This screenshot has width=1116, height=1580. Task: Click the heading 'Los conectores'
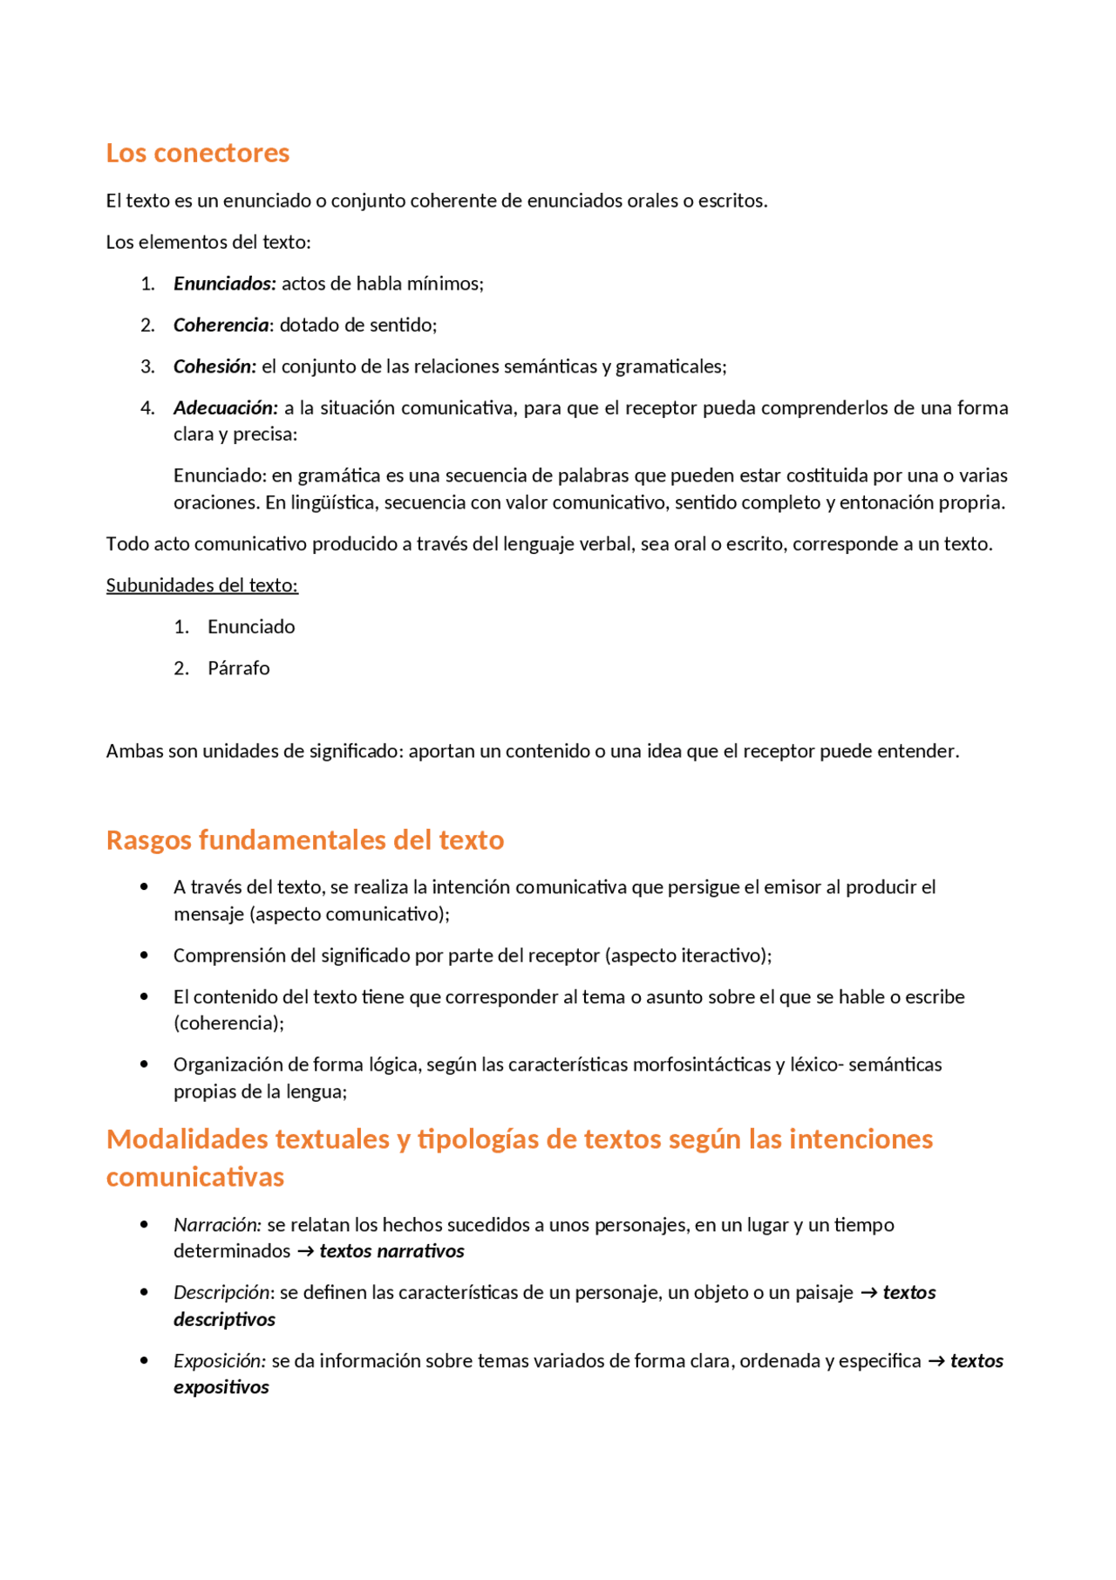(197, 153)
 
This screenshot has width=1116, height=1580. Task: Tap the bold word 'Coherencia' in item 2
(221, 325)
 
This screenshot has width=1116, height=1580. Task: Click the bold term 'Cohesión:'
(214, 366)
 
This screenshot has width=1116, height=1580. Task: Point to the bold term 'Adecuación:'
(225, 408)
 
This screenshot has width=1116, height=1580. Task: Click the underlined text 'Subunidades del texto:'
(201, 585)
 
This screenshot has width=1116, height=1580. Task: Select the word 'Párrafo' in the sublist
(238, 668)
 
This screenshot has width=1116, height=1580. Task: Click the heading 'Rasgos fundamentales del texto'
(304, 840)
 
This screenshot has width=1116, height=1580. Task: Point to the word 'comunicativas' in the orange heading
(194, 1177)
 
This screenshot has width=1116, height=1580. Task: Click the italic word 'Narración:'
(217, 1225)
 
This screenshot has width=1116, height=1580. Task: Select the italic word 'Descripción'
(222, 1293)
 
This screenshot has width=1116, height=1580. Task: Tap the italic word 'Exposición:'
(219, 1361)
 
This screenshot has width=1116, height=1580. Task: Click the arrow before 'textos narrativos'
(305, 1252)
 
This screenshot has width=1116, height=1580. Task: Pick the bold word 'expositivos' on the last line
(221, 1387)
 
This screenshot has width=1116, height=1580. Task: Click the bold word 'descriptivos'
(224, 1320)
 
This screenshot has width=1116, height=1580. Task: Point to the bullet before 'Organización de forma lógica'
(144, 1064)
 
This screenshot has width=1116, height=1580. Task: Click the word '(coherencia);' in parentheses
(228, 1023)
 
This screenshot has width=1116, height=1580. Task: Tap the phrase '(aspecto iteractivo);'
(688, 955)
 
